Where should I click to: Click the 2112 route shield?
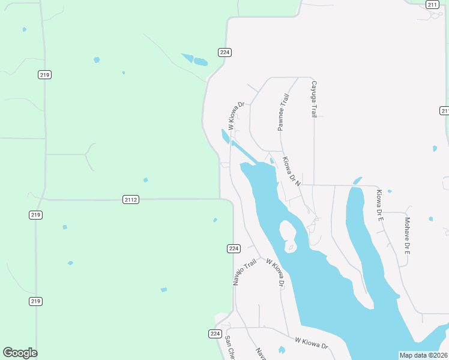pos(131,199)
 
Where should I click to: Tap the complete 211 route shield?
pos(432,4)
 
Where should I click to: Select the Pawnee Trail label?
pos(283,112)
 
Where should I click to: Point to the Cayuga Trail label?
pos(313,99)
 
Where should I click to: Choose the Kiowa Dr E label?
pos(379,206)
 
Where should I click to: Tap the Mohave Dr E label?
pos(406,235)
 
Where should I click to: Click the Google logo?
pos(20,353)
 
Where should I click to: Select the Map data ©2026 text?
pos(423,355)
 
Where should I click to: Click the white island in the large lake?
pos(288,236)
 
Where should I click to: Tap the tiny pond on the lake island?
pos(291,245)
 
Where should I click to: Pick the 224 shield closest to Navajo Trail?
pos(234,248)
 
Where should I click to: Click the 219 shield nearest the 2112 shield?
pos(35,215)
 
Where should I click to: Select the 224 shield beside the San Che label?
pos(215,334)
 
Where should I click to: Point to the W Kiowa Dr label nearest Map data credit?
pos(311,343)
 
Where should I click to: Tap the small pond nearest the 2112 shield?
pos(145,180)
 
